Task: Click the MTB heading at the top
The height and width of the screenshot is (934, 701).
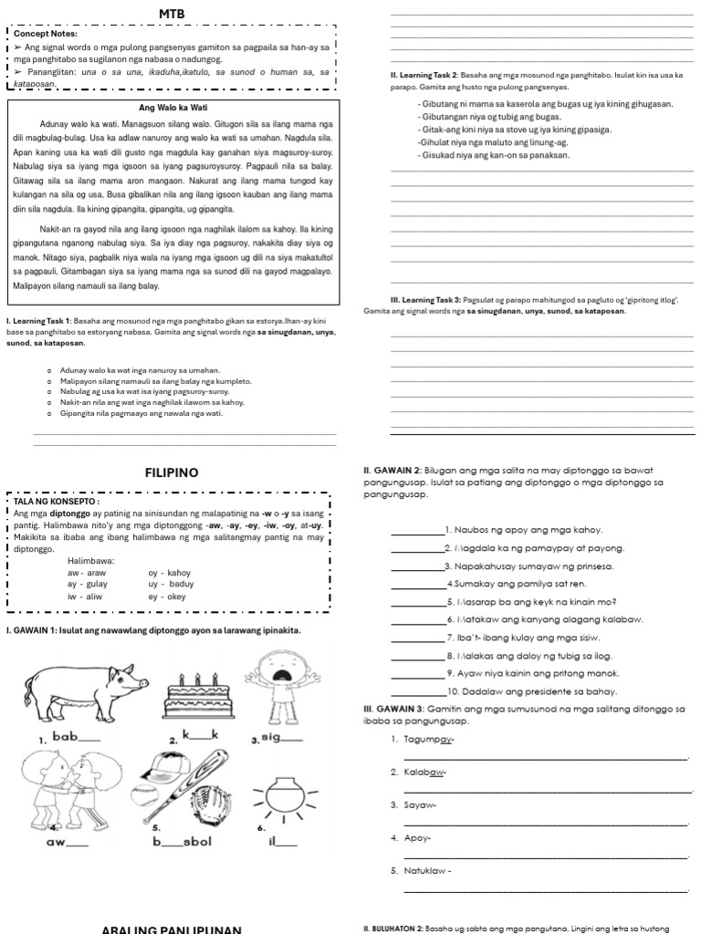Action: tap(172, 14)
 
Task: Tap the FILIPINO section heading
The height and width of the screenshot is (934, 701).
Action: tap(172, 472)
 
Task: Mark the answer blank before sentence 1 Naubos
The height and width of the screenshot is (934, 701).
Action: tap(415, 530)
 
